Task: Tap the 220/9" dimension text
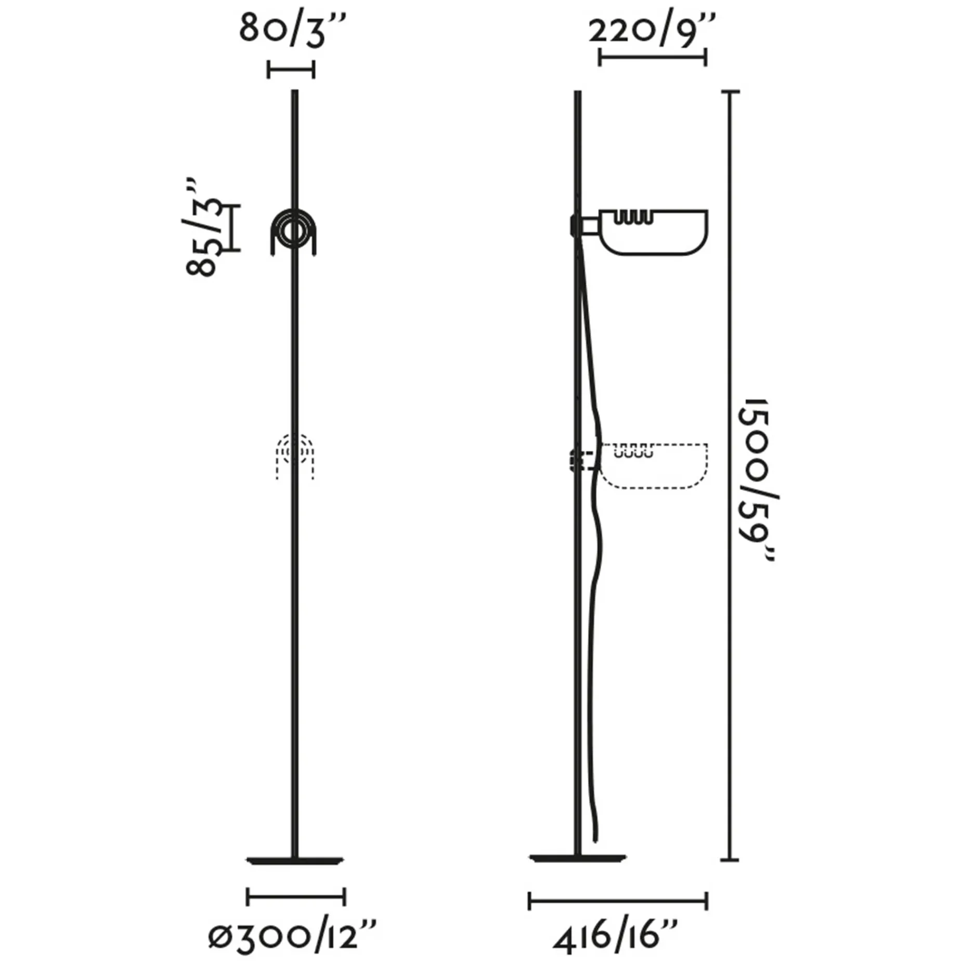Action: [x=652, y=29]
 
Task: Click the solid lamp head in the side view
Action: [x=641, y=231]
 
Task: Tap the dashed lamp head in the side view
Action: [x=641, y=465]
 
